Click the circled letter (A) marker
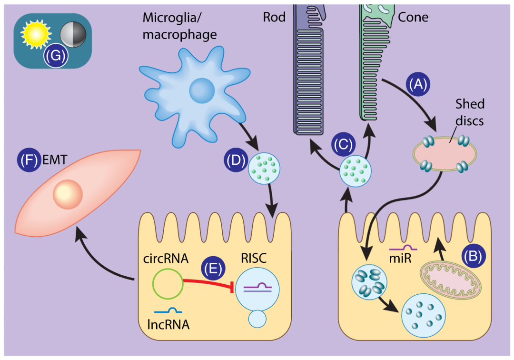pyautogui.click(x=418, y=84)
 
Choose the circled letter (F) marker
pyautogui.click(x=28, y=160)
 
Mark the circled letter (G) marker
pyautogui.click(x=55, y=56)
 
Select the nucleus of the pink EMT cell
pyautogui.click(x=68, y=194)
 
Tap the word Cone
pyautogui.click(x=412, y=18)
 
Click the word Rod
pyautogui.click(x=274, y=18)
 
